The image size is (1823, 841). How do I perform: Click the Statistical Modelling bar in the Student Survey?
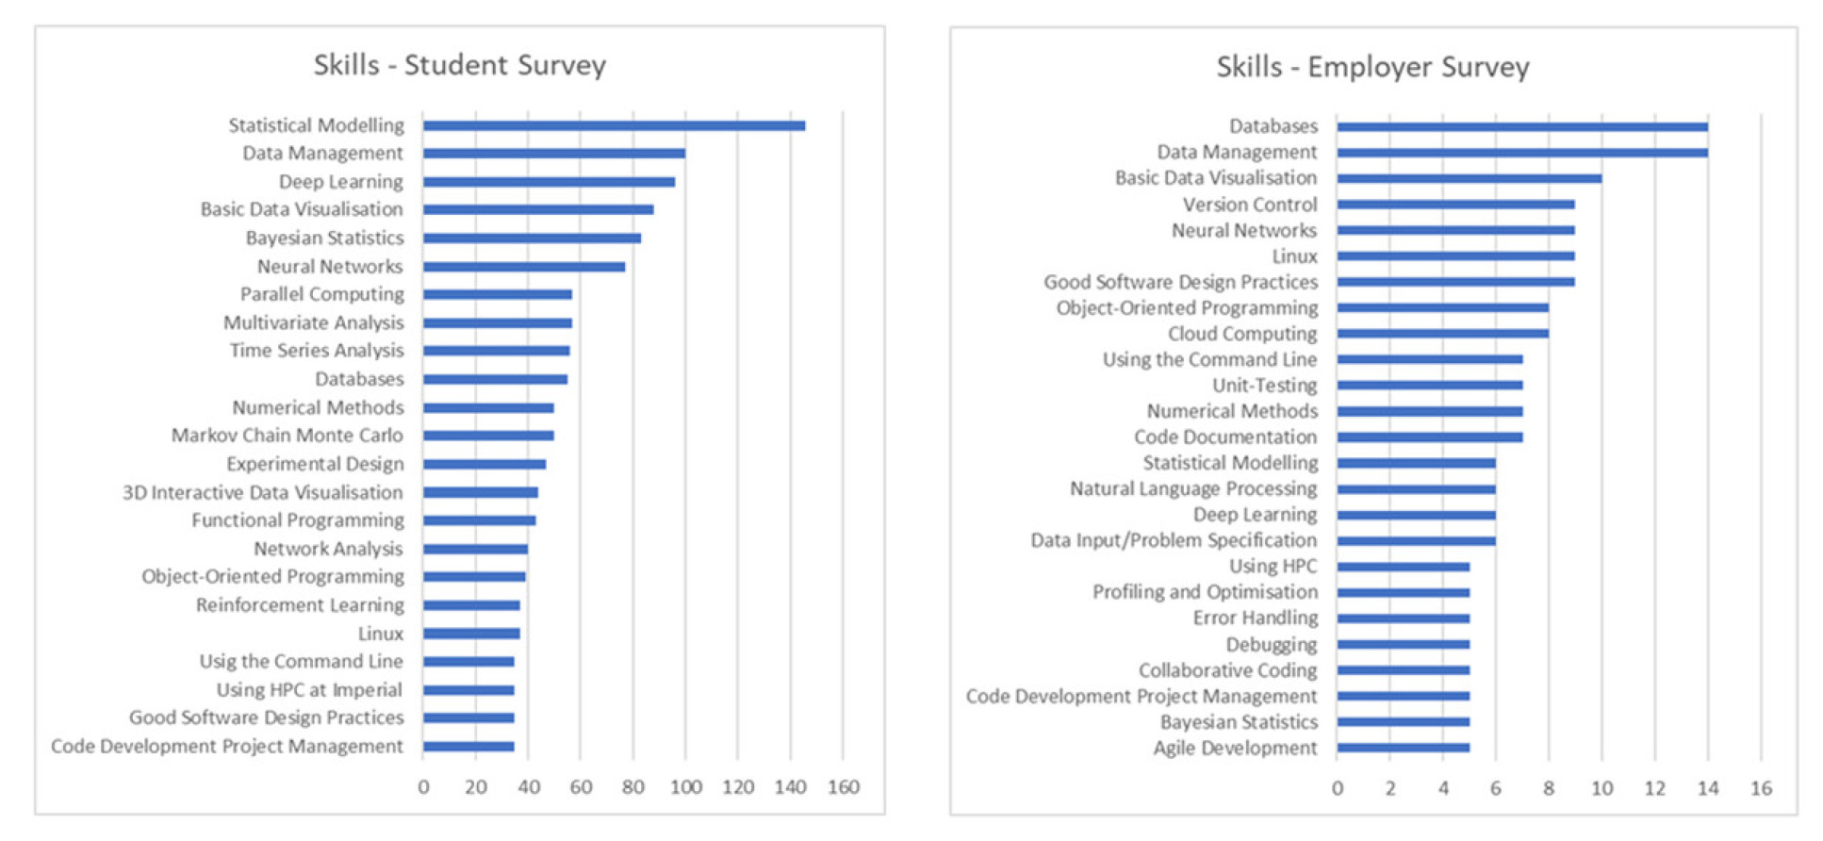(x=613, y=125)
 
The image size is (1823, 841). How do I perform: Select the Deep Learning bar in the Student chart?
(x=549, y=182)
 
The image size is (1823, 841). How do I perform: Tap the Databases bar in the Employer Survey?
(x=1521, y=127)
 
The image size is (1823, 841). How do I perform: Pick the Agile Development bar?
(x=1403, y=748)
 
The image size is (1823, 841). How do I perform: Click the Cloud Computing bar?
(x=1442, y=334)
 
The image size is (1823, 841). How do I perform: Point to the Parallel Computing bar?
(x=497, y=294)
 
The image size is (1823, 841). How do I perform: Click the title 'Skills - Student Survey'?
(x=460, y=65)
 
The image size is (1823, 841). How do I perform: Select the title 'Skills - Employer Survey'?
(x=1372, y=67)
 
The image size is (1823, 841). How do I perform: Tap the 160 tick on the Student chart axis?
(x=843, y=787)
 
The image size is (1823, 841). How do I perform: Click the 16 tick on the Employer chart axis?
(x=1760, y=788)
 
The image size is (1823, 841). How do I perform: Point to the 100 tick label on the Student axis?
(x=685, y=787)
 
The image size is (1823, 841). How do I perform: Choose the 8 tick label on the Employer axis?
(x=1548, y=788)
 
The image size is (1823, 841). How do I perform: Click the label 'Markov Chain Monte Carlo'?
(x=287, y=436)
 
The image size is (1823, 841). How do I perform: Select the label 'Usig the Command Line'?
(x=301, y=662)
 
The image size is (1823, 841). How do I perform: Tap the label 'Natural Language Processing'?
(x=1192, y=488)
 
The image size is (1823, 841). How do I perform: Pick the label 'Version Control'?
(x=1250, y=205)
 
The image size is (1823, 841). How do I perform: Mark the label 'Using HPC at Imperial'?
(x=309, y=690)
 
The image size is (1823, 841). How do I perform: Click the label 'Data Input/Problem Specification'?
(x=1173, y=540)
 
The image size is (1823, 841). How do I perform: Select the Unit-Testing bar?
(x=1429, y=386)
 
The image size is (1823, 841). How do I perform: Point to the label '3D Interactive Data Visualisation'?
(x=262, y=492)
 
